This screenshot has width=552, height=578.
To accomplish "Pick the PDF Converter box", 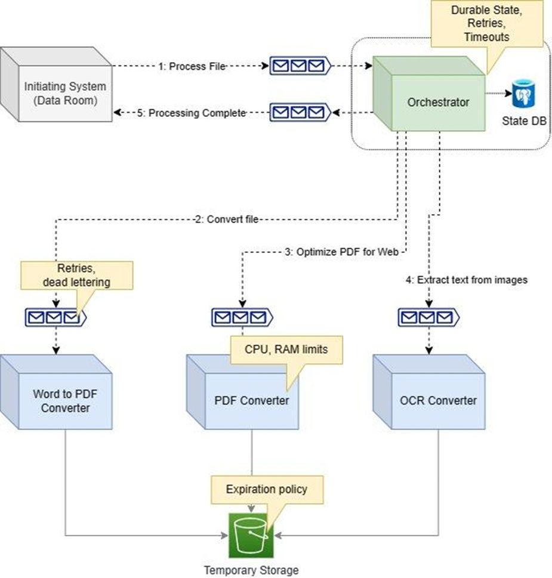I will pos(251,401).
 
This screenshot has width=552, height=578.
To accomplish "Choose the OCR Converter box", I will pos(437,401).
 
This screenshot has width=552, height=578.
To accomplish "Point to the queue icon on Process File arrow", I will pos(300,66).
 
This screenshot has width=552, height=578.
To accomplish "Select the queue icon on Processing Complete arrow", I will pos(300,112).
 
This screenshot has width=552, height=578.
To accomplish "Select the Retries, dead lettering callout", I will pos(76,275).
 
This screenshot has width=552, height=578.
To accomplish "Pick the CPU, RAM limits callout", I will pos(286,350).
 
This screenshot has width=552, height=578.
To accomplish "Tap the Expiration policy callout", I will pos(266,490).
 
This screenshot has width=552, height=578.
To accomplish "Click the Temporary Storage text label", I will pos(251,570).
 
